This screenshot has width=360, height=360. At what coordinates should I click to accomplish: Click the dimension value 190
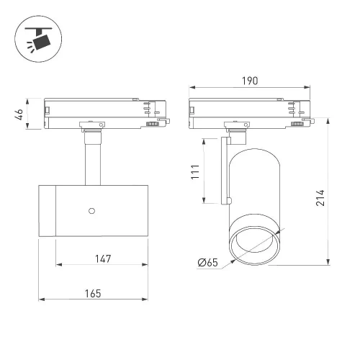click(x=250, y=81)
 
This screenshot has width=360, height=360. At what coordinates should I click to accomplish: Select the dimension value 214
click(x=320, y=198)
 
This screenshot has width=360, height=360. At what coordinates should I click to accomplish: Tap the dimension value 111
click(x=195, y=172)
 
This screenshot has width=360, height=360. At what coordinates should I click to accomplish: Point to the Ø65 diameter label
click(x=208, y=262)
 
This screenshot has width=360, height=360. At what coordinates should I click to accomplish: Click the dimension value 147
click(x=103, y=258)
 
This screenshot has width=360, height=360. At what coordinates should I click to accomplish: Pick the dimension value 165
click(x=93, y=294)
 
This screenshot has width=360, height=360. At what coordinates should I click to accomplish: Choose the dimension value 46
click(x=19, y=114)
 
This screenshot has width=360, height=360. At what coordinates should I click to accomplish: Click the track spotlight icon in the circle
click(x=38, y=39)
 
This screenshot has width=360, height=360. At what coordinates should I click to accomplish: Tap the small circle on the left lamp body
click(x=91, y=211)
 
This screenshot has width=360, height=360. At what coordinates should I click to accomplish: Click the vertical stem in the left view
click(x=93, y=164)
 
